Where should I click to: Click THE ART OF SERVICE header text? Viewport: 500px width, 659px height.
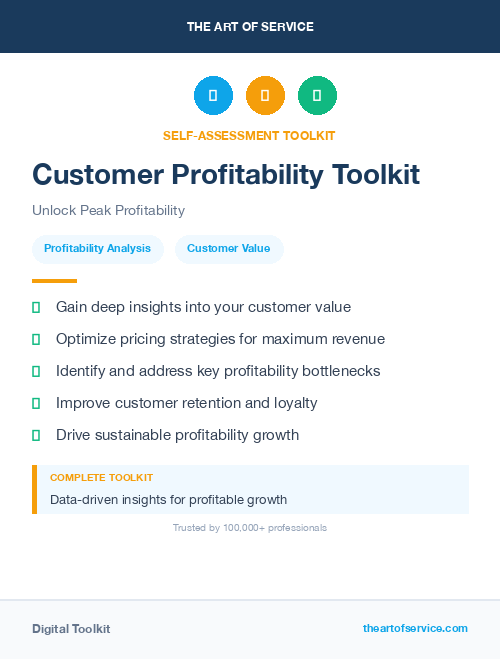tap(250, 27)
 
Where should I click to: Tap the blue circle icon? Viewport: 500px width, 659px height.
tap(213, 96)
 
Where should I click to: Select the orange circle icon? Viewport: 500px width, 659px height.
tap(265, 96)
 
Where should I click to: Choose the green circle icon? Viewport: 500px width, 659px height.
tap(317, 96)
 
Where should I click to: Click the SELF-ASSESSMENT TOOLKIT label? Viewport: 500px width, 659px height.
tap(249, 135)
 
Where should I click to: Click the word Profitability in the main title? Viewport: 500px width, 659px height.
tap(239, 174)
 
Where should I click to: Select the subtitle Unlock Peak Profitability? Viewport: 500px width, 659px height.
tap(108, 211)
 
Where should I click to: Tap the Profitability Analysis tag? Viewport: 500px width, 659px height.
tap(97, 248)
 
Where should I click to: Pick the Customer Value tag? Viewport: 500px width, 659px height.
tap(228, 248)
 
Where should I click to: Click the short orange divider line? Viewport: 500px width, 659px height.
tap(54, 281)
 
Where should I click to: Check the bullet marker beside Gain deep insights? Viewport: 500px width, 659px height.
tap(36, 307)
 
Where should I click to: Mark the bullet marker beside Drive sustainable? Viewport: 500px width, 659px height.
tap(36, 435)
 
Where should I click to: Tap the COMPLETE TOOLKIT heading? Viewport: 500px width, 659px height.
tap(101, 478)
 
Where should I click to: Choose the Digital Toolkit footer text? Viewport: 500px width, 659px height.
tap(71, 629)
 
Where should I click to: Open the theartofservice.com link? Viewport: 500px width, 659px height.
tap(415, 628)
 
